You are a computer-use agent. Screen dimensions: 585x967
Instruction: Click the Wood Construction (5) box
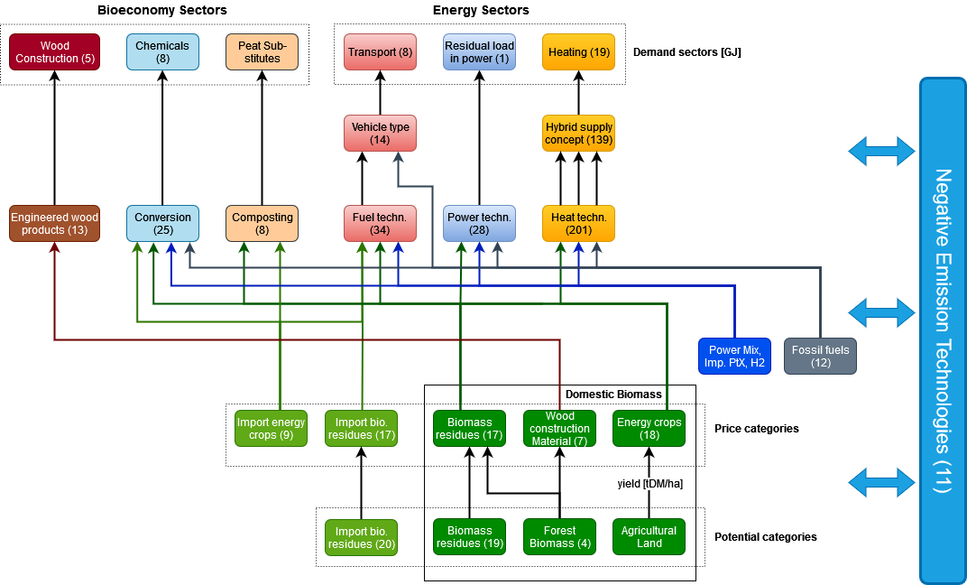click(54, 52)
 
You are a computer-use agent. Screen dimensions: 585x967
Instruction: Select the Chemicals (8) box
click(162, 52)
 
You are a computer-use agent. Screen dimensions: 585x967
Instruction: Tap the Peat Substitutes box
click(262, 52)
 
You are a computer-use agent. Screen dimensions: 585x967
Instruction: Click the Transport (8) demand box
click(380, 52)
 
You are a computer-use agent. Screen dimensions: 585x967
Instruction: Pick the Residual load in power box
click(479, 52)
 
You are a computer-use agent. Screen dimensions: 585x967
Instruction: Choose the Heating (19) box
click(578, 52)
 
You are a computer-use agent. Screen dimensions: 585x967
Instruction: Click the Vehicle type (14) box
click(380, 134)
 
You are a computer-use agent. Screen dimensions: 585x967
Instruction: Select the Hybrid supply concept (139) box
click(578, 134)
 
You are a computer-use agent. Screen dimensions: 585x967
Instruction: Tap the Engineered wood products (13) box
click(54, 224)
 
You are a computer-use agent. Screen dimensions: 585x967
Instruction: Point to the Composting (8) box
click(262, 224)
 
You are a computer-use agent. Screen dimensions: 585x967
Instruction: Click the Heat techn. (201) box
click(578, 224)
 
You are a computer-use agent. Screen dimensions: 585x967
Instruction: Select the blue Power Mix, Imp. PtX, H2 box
click(735, 356)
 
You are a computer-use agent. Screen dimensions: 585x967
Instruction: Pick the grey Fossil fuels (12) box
click(820, 356)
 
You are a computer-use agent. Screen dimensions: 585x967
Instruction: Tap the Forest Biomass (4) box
click(559, 537)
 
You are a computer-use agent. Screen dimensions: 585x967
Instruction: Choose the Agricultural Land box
click(649, 537)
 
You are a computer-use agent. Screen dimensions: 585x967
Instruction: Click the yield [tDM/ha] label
click(649, 484)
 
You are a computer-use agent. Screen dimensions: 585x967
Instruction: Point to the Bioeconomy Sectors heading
click(162, 10)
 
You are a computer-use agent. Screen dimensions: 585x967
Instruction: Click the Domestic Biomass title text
click(613, 395)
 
